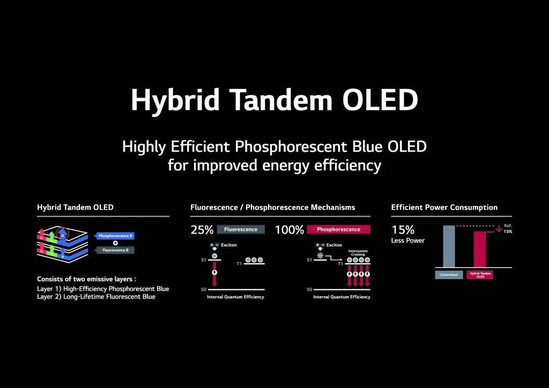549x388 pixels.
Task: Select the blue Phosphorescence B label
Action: [x=115, y=236]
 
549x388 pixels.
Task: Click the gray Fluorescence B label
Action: [x=115, y=250]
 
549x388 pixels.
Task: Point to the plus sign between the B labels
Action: [x=115, y=243]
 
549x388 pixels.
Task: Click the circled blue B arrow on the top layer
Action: [x=63, y=235]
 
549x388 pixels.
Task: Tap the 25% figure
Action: [x=202, y=230]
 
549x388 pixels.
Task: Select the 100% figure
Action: [x=290, y=230]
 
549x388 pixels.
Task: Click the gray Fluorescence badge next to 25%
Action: [x=241, y=229]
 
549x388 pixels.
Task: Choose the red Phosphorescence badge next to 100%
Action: [x=338, y=229]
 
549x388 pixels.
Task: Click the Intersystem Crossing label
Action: [x=357, y=252]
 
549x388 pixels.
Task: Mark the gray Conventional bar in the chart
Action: [x=449, y=246]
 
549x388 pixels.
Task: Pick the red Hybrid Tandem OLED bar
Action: [x=480, y=249]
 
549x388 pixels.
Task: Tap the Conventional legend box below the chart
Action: [x=449, y=275]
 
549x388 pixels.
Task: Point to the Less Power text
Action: [x=408, y=241]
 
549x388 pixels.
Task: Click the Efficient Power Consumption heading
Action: [x=444, y=207]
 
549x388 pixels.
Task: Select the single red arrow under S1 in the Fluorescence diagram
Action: [x=215, y=276]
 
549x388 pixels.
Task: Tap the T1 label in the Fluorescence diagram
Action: [x=239, y=264]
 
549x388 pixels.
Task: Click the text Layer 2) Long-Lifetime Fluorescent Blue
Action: [x=96, y=297]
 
